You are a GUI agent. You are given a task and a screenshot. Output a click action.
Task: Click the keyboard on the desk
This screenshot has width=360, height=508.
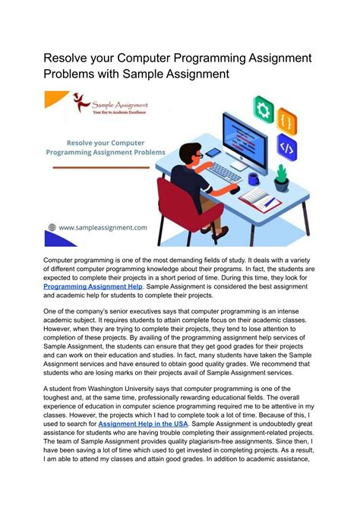point(225,172)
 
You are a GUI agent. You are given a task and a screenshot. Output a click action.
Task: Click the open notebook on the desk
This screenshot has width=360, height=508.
point(260,200)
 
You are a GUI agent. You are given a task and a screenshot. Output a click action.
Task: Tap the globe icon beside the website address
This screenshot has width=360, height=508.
point(52,226)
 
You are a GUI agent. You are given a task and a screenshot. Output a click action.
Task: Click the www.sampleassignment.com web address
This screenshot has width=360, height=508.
point(104,226)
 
